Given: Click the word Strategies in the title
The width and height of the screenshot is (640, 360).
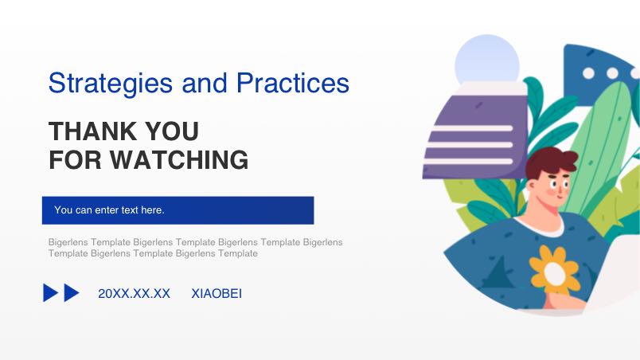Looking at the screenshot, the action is click(110, 84).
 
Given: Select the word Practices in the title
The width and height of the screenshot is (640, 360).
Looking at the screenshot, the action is click(293, 83).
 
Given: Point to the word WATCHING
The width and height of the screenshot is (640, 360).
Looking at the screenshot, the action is click(179, 159).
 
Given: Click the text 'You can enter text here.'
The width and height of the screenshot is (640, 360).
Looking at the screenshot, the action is click(109, 209).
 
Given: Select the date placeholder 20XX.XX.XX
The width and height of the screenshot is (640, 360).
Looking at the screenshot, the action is click(134, 293).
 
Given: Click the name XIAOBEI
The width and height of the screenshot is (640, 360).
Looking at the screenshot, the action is click(217, 293).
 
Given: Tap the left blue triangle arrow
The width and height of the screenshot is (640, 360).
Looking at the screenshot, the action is click(50, 293).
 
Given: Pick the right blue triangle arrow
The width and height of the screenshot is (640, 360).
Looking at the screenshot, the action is click(72, 293).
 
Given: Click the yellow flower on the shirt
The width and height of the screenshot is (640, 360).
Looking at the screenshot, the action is click(554, 272).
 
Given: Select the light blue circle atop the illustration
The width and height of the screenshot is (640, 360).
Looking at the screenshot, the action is click(487, 60).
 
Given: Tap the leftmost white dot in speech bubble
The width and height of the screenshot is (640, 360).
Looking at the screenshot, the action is click(588, 73).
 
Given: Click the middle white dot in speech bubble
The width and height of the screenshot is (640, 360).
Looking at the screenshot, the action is click(612, 73).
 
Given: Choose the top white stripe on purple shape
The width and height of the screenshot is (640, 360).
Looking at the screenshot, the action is click(472, 128).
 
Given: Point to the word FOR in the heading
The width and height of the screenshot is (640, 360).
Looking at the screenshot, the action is click(75, 159).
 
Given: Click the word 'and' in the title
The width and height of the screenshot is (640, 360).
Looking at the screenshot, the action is click(205, 83).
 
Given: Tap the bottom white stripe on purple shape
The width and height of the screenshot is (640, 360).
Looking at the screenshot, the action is click(468, 161).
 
